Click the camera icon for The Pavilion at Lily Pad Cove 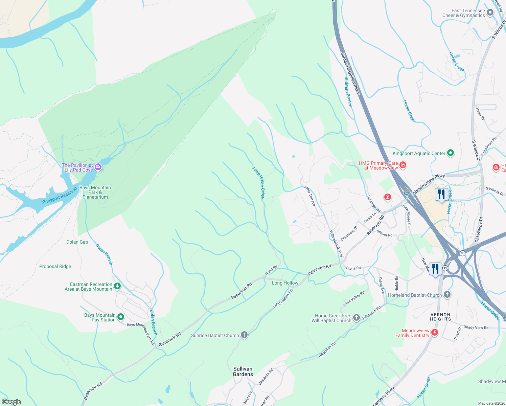pos(98,167)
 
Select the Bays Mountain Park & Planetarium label pos(95,192)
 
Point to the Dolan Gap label pos(77,242)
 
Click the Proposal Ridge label pos(55,266)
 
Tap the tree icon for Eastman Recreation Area pos(117,286)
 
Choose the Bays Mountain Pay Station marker pos(121,317)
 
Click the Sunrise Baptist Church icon pos(244,335)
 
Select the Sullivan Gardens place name pos(243,371)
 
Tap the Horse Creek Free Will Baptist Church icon pos(356,317)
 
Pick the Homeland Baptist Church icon pos(447,295)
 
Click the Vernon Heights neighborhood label pos(440,317)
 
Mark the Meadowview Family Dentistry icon pos(435,333)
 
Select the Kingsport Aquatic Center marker pos(451,153)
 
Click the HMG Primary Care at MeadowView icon pos(403,165)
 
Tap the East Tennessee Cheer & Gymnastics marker pos(490,13)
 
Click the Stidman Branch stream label pos(348,92)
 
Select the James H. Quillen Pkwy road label pos(350,73)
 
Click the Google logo pos(11,402)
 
